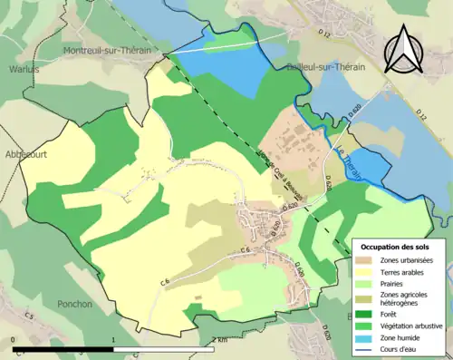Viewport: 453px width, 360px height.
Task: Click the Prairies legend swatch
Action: (x=368, y=282)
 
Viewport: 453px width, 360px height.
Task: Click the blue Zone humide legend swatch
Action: (x=368, y=336)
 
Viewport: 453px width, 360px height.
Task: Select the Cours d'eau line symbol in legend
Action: (x=368, y=347)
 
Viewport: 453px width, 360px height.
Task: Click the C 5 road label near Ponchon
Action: (x=29, y=316)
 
